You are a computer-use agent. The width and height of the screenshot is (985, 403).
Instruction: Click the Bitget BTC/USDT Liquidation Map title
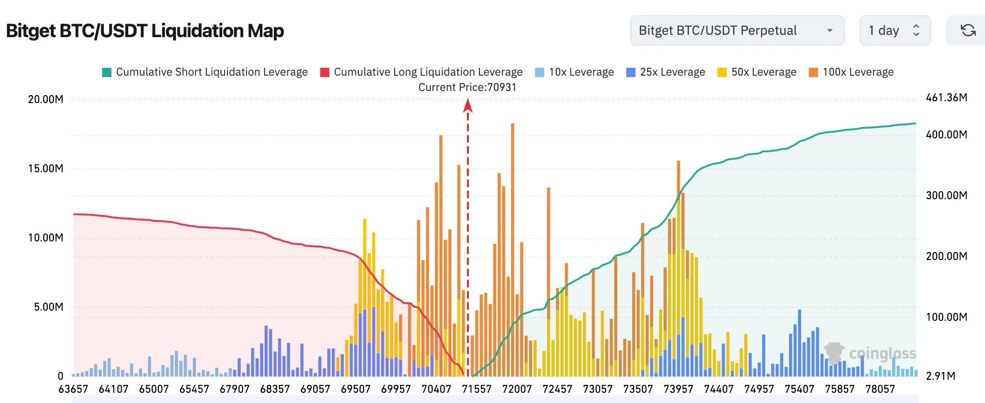tap(145, 31)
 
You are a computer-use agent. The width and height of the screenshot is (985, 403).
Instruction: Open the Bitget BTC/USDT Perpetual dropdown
tap(737, 30)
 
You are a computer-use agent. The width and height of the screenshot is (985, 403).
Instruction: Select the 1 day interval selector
tap(895, 30)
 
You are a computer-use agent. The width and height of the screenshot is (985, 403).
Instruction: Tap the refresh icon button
tap(968, 30)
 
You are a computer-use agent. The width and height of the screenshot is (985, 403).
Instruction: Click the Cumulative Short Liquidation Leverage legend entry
tap(205, 72)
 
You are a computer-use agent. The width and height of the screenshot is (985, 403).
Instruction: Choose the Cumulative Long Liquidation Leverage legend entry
tap(421, 72)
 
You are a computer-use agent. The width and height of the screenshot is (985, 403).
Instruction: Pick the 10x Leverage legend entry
tap(574, 72)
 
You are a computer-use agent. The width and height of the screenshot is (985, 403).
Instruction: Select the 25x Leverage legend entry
tap(665, 72)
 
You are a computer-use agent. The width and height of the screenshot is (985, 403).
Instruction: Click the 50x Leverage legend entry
tap(757, 72)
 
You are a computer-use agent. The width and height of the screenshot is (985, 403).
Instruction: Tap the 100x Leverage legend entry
tap(851, 72)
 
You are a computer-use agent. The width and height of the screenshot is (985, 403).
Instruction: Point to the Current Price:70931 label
tap(467, 87)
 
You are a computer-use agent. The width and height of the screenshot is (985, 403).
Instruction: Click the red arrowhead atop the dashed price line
tap(468, 106)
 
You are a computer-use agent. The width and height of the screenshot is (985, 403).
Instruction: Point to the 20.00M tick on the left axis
tap(45, 99)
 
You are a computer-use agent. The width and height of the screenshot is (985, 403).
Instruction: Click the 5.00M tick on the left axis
tap(48, 307)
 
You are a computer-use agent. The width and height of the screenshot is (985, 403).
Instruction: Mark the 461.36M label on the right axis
tap(946, 97)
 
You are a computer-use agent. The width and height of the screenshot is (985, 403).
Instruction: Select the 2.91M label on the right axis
tap(940, 376)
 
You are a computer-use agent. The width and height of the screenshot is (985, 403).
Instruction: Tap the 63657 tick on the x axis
tap(73, 389)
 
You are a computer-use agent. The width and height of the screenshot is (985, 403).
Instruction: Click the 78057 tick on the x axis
tap(880, 389)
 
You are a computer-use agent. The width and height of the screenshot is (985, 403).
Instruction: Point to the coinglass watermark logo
tap(870, 353)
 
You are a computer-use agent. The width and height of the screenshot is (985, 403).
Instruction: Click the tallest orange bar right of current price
tap(512, 250)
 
